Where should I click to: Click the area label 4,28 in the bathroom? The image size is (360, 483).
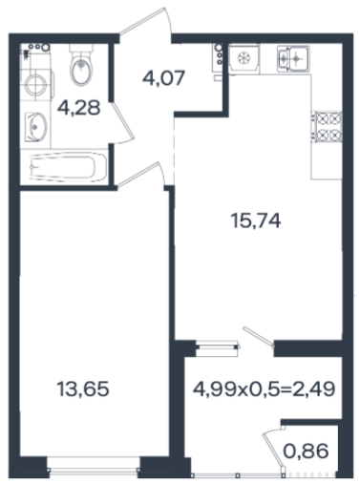pyautogui.click(x=79, y=108)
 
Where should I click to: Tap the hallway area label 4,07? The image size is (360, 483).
pyautogui.click(x=163, y=77)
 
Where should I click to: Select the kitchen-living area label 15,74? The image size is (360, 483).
pyautogui.click(x=256, y=220)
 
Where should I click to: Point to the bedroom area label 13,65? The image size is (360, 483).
pyautogui.click(x=83, y=388)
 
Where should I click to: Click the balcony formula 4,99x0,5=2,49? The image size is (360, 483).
pyautogui.click(x=265, y=388)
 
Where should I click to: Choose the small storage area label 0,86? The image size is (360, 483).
pyautogui.click(x=306, y=451)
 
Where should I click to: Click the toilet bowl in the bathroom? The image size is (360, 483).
pyautogui.click(x=82, y=66)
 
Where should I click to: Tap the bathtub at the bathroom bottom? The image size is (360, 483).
pyautogui.click(x=68, y=167)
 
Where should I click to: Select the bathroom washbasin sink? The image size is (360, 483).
pyautogui.click(x=35, y=127)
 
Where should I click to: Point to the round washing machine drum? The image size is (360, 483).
pyautogui.click(x=36, y=85)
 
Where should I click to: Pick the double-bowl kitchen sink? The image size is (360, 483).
pyautogui.click(x=293, y=58)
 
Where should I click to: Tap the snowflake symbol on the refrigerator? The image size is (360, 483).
pyautogui.click(x=244, y=58)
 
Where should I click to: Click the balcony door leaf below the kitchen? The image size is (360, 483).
pyautogui.click(x=258, y=336)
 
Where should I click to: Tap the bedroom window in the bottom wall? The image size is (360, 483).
pyautogui.click(x=94, y=469)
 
